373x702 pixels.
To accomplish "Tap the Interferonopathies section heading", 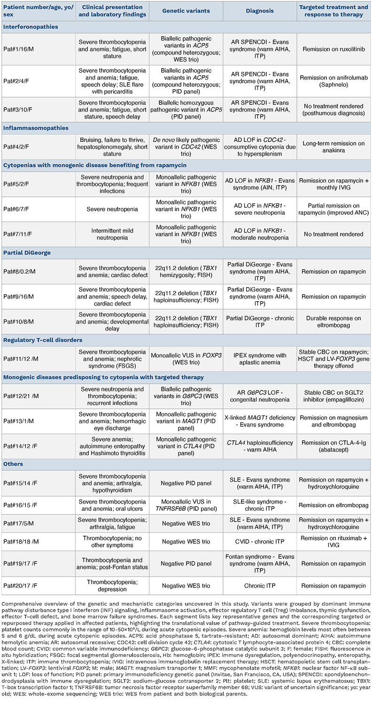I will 31,27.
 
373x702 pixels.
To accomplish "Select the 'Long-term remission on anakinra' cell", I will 334,146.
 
